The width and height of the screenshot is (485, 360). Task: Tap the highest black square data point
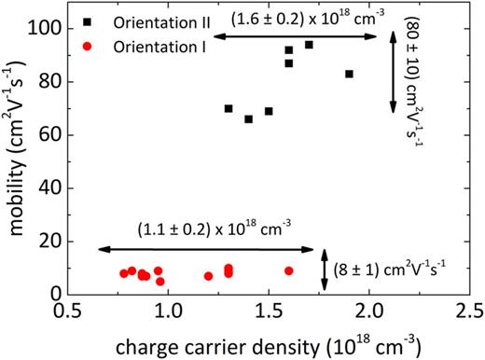click(309, 45)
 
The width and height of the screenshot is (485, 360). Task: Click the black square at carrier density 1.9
click(349, 74)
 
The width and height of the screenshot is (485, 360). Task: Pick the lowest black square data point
click(248, 119)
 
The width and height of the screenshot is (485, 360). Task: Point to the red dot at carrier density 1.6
click(289, 270)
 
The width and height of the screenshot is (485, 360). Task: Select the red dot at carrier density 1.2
click(208, 276)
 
